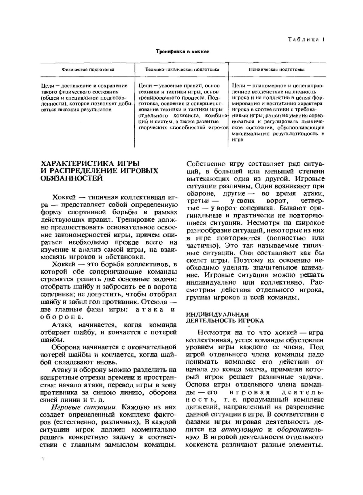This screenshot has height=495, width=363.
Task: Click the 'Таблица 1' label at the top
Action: tap(306, 40)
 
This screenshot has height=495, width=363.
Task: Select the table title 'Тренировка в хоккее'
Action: tap(182, 51)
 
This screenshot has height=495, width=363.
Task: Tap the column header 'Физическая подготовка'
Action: tap(88, 69)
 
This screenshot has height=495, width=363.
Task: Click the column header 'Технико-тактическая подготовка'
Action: tap(182, 69)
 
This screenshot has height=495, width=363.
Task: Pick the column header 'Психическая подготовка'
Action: tap(277, 69)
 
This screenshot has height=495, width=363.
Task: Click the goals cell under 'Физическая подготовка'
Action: tap(84, 98)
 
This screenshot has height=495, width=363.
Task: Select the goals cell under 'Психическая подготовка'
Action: tap(278, 112)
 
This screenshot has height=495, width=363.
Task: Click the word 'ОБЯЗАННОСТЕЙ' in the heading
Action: tap(72, 178)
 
